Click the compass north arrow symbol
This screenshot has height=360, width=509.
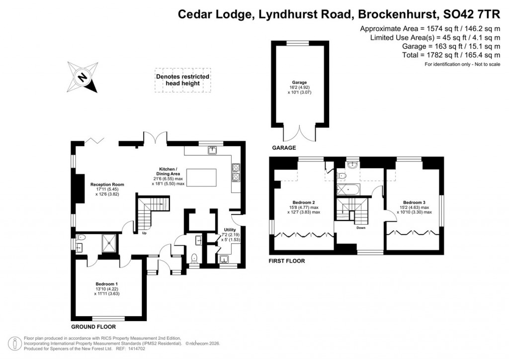83,78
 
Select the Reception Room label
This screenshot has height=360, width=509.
107,189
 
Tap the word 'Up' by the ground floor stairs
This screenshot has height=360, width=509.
145,233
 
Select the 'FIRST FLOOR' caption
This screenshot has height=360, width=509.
286,261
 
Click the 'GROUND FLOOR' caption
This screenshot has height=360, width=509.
93,327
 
